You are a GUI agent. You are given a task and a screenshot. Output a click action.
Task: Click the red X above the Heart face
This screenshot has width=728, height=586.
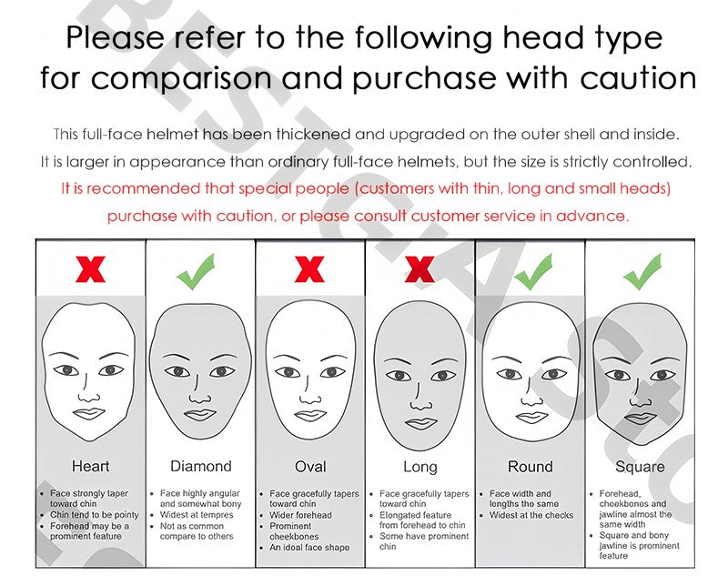[90, 268]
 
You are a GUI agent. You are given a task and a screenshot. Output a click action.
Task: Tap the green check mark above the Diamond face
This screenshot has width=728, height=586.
[196, 272]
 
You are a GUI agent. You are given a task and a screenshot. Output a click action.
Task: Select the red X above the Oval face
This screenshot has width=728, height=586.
[309, 268]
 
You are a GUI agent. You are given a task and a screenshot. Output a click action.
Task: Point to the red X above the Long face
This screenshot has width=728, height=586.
[420, 268]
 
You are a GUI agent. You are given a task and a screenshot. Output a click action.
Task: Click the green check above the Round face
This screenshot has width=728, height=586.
[533, 272]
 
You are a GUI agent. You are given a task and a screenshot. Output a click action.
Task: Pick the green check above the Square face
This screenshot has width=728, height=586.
[642, 272]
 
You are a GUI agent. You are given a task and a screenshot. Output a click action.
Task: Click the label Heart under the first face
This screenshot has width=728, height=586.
[90, 466]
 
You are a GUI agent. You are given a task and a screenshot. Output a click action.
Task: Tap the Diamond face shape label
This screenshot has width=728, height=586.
[200, 466]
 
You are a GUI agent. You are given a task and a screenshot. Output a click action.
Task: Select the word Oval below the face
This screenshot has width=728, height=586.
[310, 466]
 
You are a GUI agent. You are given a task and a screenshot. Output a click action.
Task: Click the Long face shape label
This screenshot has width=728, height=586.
[420, 467]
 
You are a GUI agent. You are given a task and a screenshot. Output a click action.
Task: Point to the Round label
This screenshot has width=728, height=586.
[531, 466]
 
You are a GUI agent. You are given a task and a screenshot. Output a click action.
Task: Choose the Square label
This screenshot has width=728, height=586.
[640, 467]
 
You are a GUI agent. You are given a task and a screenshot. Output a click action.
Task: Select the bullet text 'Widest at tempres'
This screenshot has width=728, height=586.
[197, 515]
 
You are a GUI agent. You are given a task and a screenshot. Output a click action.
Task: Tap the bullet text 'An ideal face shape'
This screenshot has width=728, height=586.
[309, 548]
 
